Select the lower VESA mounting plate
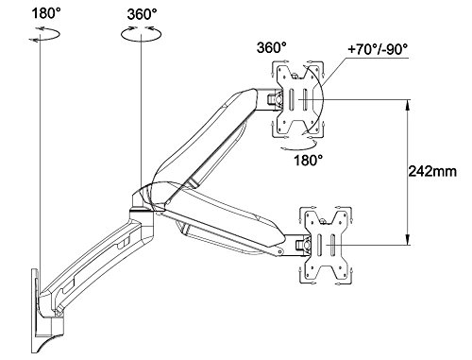tap(323, 243)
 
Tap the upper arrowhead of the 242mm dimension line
tap(407, 101)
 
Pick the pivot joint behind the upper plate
tap(274, 97)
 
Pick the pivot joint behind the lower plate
tap(300, 243)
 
